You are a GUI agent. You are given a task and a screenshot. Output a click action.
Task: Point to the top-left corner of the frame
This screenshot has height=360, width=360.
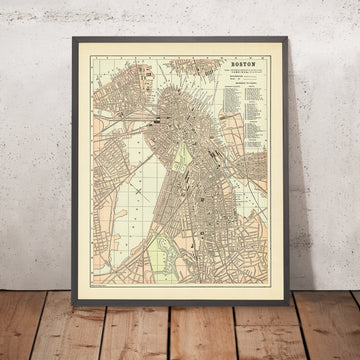pyautogui.click(x=75, y=41)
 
